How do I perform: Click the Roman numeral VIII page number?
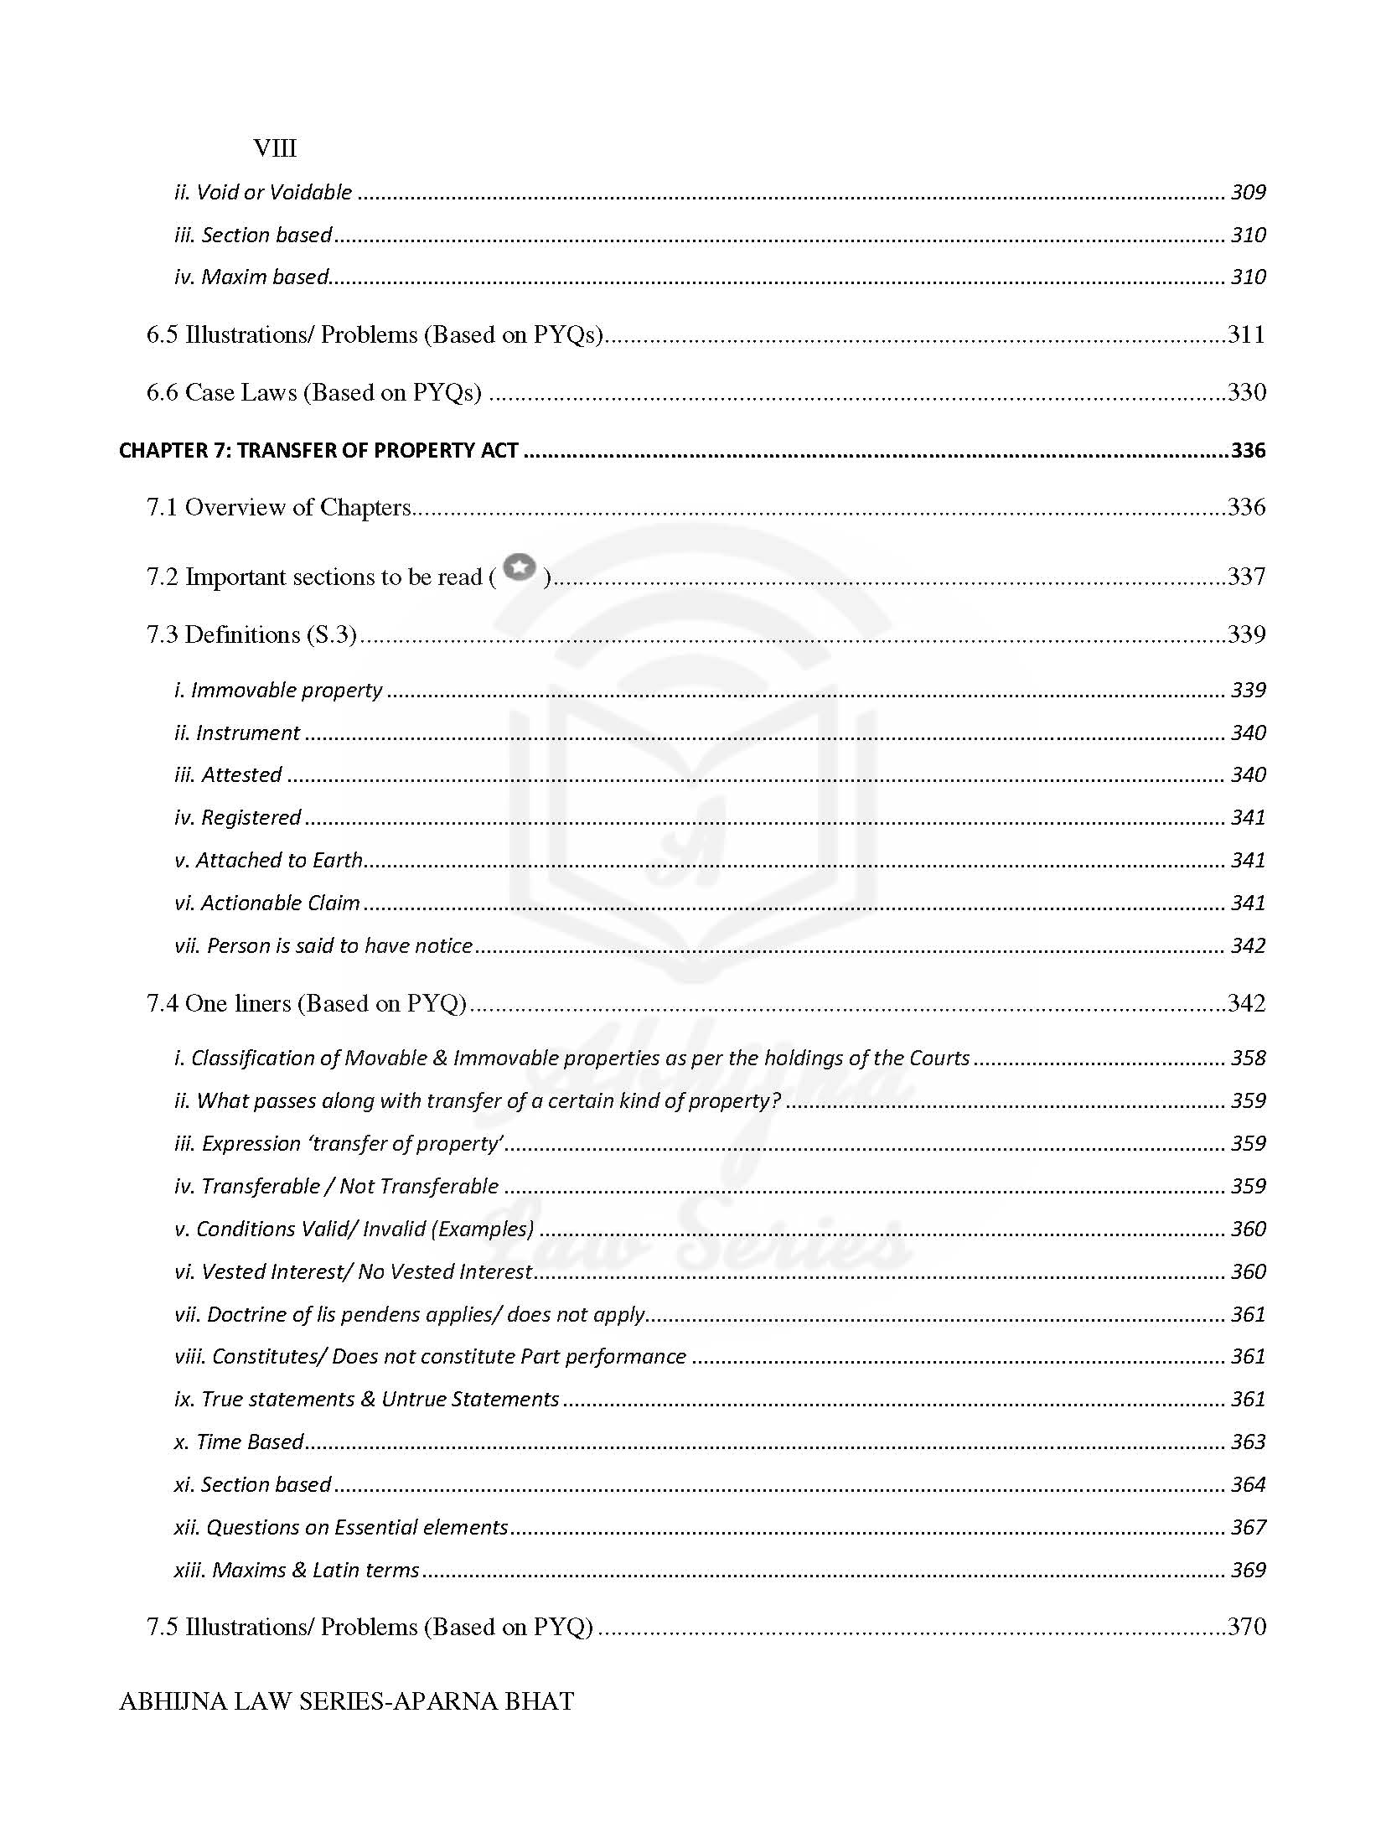pyautogui.click(x=275, y=148)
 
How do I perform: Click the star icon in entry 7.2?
pyautogui.click(x=520, y=568)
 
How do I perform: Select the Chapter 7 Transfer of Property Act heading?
pyautogui.click(x=318, y=450)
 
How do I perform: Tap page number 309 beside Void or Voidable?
pyautogui.click(x=1247, y=192)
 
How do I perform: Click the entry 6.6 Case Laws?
pyautogui.click(x=314, y=392)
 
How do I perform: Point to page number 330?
pyautogui.click(x=1246, y=392)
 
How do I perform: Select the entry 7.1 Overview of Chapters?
pyautogui.click(x=278, y=507)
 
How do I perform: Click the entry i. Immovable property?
pyautogui.click(x=278, y=690)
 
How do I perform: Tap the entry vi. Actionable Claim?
pyautogui.click(x=267, y=903)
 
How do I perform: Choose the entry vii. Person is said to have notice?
pyautogui.click(x=323, y=945)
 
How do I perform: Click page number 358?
pyautogui.click(x=1247, y=1058)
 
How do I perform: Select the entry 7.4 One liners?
pyautogui.click(x=306, y=1003)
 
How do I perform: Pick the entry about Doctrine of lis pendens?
pyautogui.click(x=410, y=1314)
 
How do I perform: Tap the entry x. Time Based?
pyautogui.click(x=239, y=1442)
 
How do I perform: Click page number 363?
pyautogui.click(x=1247, y=1442)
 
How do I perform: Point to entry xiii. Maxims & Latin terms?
pyautogui.click(x=297, y=1570)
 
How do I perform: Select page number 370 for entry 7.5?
pyautogui.click(x=1246, y=1627)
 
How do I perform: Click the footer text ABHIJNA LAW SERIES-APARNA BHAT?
pyautogui.click(x=347, y=1701)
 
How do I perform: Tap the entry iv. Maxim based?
pyautogui.click(x=251, y=277)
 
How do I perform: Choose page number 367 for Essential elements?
pyautogui.click(x=1247, y=1527)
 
